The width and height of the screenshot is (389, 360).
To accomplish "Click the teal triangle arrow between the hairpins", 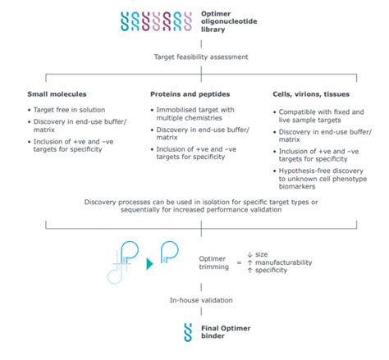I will click(150, 263).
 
